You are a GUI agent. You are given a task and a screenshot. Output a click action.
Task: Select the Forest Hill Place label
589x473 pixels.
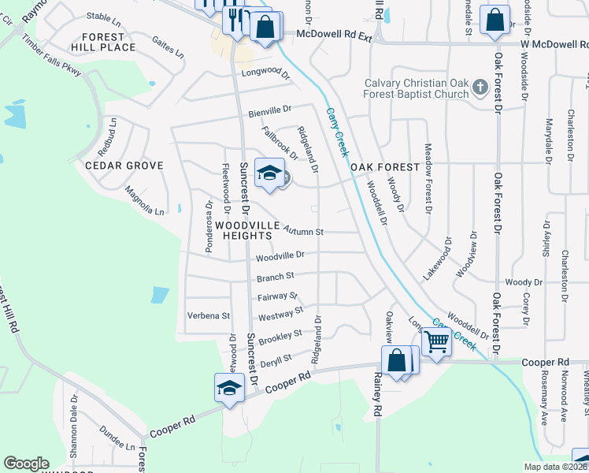click(102, 42)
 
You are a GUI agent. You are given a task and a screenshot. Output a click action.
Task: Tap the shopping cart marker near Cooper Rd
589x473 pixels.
click(436, 342)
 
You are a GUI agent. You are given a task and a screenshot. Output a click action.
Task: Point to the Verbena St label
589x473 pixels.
click(208, 315)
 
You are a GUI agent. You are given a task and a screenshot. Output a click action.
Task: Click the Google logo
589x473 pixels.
click(26, 464)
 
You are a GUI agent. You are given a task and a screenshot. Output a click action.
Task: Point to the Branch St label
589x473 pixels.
click(275, 277)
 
